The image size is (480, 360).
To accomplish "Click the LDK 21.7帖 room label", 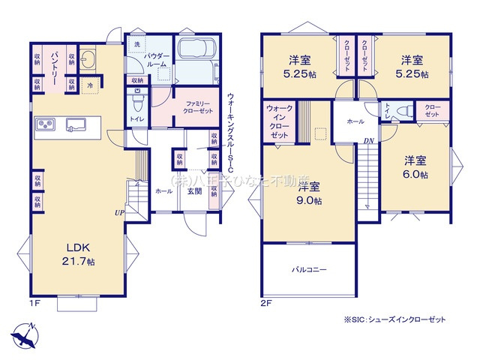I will coord(73,254).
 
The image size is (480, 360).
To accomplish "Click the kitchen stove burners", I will coord(44,124).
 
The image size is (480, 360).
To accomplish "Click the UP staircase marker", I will coord(120,213).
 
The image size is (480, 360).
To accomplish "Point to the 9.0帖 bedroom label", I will coord(307,194).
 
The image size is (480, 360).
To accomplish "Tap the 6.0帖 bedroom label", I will coord(415,167).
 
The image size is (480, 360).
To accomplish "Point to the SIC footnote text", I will coord(394,319).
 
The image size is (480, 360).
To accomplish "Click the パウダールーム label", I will coord(156,60).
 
